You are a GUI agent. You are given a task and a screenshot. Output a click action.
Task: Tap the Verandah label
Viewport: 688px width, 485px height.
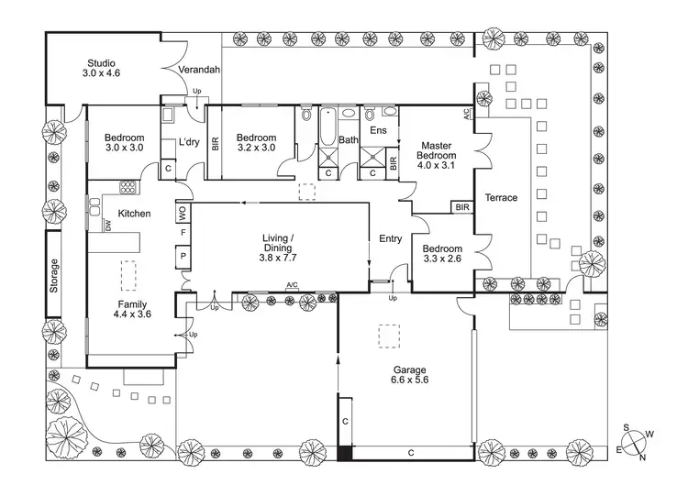199,70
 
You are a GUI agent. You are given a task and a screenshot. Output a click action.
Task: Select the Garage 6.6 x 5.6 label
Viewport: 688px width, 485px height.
409,375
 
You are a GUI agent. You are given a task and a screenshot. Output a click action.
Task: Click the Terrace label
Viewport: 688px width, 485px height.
501,198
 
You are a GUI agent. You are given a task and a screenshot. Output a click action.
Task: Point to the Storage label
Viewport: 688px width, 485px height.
53,276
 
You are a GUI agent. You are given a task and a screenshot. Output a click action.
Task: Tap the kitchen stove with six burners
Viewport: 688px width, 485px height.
128,187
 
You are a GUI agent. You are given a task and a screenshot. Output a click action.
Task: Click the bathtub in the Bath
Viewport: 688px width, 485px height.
327,127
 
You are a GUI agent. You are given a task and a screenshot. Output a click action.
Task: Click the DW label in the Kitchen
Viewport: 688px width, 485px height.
108,226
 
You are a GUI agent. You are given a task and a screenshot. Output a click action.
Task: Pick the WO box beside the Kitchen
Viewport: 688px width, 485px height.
183,213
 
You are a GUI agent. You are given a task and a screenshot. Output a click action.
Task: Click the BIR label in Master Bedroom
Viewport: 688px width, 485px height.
462,207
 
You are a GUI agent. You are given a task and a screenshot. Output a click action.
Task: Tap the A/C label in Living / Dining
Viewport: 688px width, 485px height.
292,285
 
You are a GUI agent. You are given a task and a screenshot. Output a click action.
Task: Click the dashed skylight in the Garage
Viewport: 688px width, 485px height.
389,336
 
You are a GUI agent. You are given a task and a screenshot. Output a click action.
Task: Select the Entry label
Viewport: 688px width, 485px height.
391,239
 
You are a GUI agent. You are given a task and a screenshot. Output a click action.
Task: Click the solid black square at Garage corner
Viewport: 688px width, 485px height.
345,453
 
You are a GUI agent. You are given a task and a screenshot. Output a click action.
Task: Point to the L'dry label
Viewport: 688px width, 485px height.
189,142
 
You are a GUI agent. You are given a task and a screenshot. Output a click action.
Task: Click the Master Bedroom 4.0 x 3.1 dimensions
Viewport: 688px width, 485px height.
436,165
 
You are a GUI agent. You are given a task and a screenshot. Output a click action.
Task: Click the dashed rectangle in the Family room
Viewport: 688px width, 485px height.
128,275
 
